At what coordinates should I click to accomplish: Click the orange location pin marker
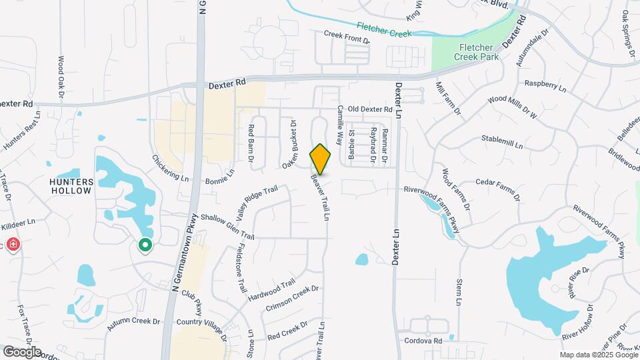(320, 159)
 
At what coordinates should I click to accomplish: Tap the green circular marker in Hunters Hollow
(145, 245)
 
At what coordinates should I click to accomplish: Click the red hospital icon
(13, 245)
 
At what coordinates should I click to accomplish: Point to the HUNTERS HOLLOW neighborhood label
(70, 185)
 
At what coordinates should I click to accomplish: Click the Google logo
(22, 351)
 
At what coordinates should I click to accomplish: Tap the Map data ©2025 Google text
(597, 354)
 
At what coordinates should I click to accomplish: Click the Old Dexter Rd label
(371, 109)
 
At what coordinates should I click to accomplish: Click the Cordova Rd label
(423, 341)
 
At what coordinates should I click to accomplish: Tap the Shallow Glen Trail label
(227, 227)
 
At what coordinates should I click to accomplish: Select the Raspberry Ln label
(545, 86)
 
